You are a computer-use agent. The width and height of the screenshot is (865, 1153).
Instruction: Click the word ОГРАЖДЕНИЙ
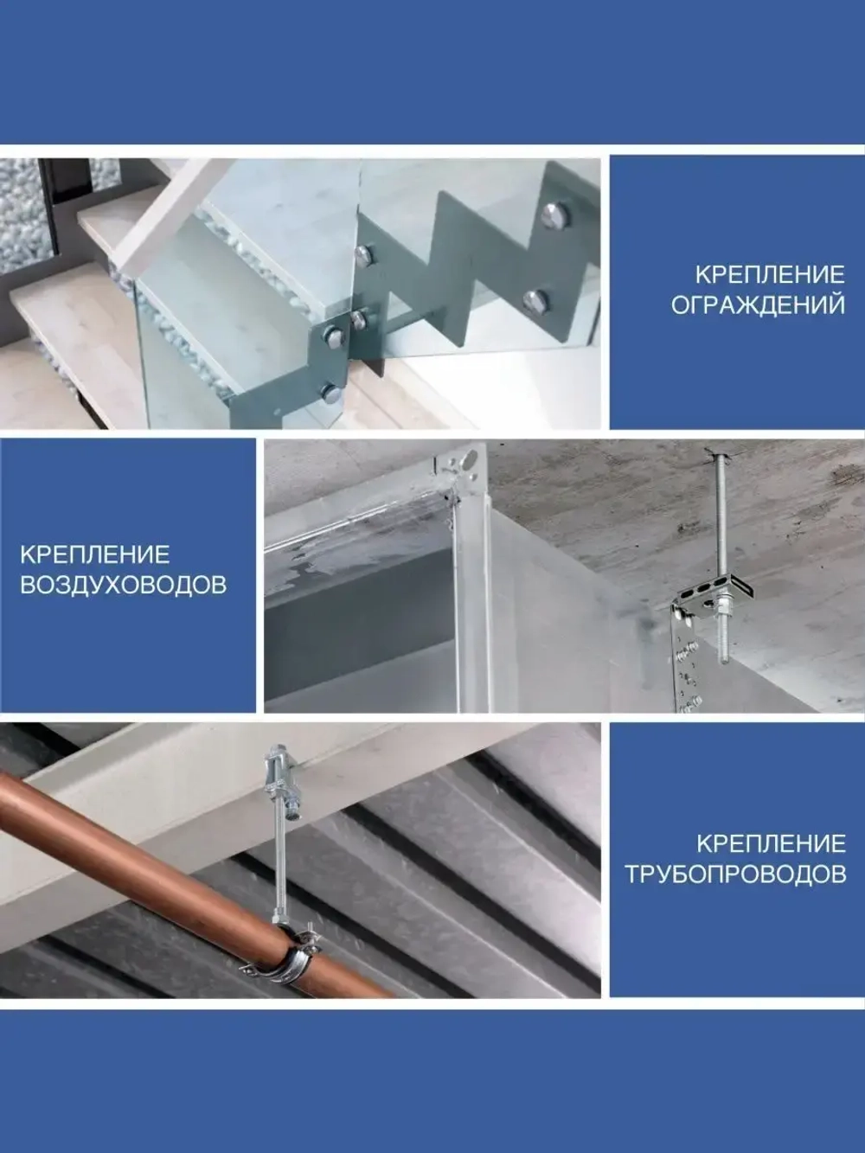coord(758,305)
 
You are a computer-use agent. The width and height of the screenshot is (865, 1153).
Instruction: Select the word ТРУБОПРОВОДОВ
coord(735,875)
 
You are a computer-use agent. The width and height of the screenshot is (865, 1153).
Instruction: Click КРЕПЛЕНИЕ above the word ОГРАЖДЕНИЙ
coord(771,275)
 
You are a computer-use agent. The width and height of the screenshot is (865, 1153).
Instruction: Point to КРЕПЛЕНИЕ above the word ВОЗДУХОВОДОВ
coord(95,554)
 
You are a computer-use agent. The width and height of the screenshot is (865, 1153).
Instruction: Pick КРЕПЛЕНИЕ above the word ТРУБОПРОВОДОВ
coord(772,844)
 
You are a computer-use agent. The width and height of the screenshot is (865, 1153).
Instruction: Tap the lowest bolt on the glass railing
coord(330,393)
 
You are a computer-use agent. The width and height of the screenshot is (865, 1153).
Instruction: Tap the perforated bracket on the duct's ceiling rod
coord(714,599)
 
